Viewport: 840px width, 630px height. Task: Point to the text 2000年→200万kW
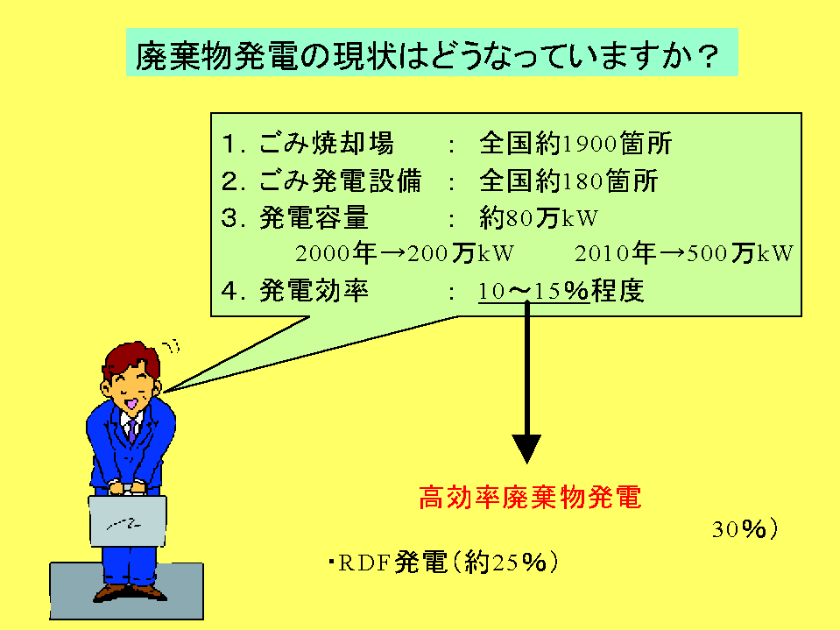(x=405, y=254)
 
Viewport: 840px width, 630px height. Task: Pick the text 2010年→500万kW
(x=684, y=254)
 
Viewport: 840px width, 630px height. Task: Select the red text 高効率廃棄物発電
(x=530, y=498)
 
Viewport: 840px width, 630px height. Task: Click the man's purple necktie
(x=131, y=428)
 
